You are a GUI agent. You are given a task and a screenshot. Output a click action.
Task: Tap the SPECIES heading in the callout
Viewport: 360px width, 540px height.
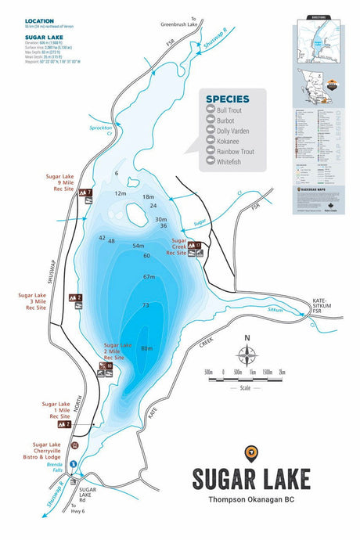(228, 100)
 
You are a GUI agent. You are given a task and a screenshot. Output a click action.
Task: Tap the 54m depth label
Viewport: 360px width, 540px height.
(139, 246)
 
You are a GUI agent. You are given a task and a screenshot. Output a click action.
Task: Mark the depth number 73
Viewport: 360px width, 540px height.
(146, 304)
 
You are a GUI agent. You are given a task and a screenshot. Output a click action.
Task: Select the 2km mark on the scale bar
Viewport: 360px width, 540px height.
(282, 372)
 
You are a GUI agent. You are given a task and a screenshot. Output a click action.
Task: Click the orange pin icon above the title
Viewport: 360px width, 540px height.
(250, 452)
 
